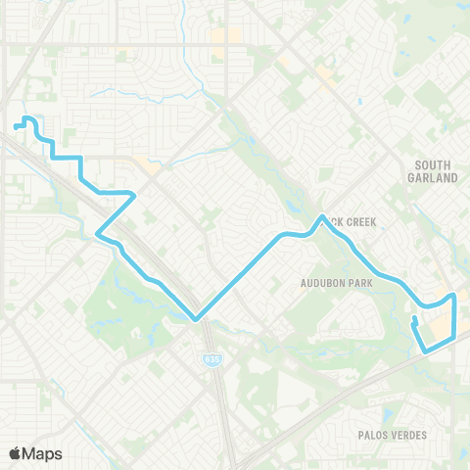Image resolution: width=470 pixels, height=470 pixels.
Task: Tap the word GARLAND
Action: click(x=433, y=179)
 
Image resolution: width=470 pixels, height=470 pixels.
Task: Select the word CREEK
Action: click(x=356, y=222)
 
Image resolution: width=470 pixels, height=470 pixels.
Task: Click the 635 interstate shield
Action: click(x=212, y=360)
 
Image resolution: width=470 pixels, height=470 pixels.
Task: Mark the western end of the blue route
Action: click(x=17, y=126)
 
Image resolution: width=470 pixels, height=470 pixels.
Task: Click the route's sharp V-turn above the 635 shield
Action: click(x=197, y=319)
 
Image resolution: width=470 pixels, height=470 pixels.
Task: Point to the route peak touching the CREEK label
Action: click(x=322, y=216)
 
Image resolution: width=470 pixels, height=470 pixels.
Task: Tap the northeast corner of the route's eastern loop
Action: click(x=454, y=294)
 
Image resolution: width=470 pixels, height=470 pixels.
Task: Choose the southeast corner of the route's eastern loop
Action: click(x=454, y=337)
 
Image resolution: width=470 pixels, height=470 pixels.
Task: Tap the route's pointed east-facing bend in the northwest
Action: click(x=133, y=194)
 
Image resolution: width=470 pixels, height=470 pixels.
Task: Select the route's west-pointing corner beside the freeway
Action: click(x=97, y=234)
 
